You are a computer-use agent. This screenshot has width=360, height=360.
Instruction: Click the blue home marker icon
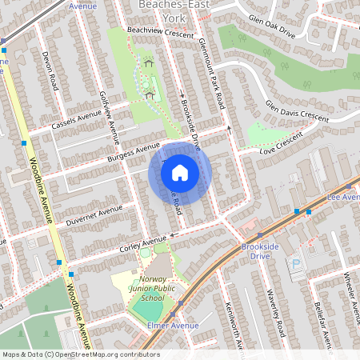pyautogui.click(x=180, y=173)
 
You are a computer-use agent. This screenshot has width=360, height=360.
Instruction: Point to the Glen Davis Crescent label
pyautogui.click(x=296, y=111)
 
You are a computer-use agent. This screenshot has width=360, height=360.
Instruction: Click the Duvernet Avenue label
pyautogui.click(x=94, y=215)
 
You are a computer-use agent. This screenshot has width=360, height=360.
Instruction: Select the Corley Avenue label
pyautogui.click(x=143, y=241)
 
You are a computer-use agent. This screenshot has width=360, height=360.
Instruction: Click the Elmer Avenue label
pyautogui.click(x=173, y=326)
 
